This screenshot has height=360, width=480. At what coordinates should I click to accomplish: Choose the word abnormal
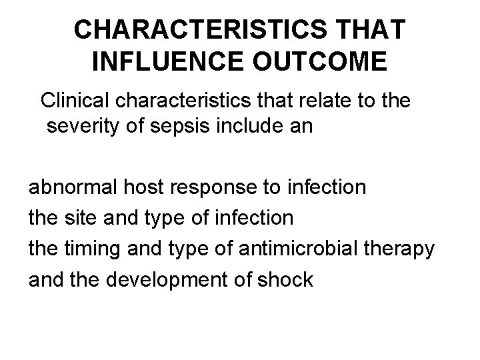(73, 187)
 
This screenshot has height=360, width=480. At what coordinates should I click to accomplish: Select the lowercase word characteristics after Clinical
(193, 101)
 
